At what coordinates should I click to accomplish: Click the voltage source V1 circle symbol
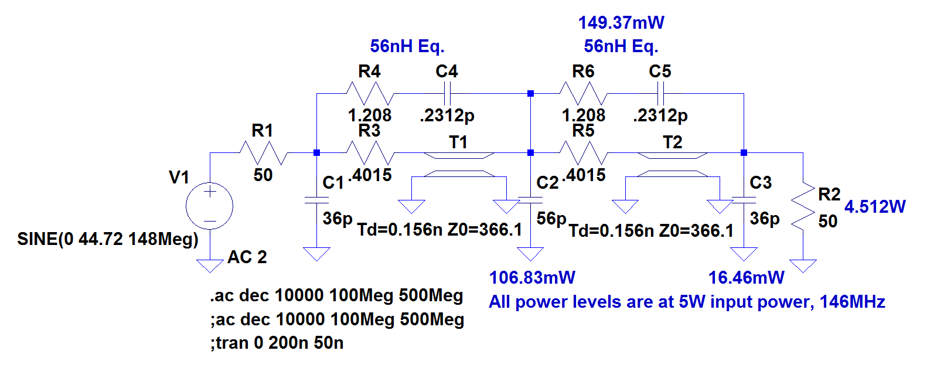(x=209, y=206)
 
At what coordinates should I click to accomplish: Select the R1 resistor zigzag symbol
(x=263, y=153)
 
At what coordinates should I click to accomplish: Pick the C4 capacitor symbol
(x=447, y=94)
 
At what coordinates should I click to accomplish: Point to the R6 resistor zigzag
(x=583, y=94)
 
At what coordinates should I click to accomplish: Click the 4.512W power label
(x=874, y=206)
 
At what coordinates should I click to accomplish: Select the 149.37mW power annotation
(x=621, y=23)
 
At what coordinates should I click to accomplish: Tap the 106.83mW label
(x=532, y=277)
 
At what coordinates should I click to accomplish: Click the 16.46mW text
(x=746, y=277)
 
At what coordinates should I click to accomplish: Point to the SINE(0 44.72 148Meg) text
(x=108, y=239)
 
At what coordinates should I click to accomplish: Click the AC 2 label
(x=247, y=257)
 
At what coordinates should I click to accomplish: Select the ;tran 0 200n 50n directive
(x=277, y=343)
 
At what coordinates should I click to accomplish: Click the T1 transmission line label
(x=458, y=142)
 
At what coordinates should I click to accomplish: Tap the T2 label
(x=673, y=142)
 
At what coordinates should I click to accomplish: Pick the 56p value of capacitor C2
(x=551, y=219)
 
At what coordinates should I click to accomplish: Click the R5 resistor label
(x=583, y=131)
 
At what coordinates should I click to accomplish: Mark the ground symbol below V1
(x=209, y=266)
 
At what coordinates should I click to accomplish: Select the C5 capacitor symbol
(x=660, y=94)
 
